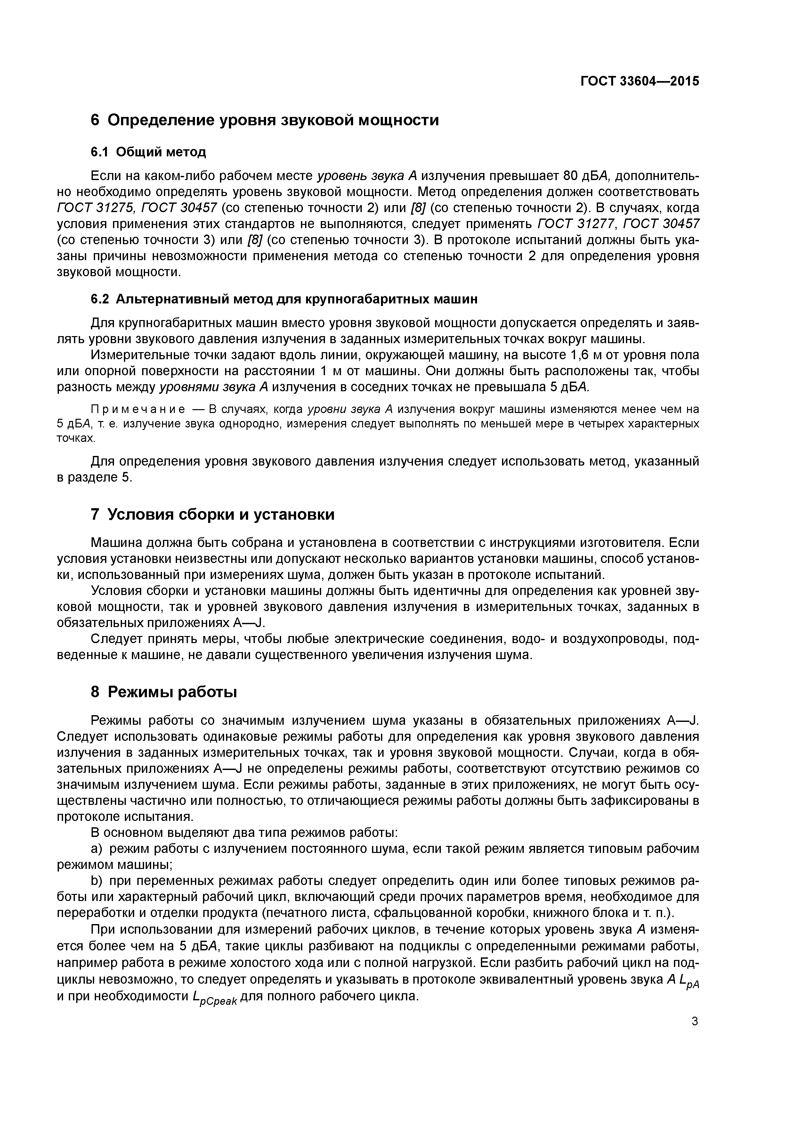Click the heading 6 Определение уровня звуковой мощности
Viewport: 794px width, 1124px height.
[x=265, y=120]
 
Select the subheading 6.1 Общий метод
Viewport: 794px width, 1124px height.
[x=148, y=152]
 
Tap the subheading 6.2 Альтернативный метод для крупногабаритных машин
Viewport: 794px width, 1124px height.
[x=284, y=299]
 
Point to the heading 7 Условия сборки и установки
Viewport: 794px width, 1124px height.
[x=213, y=515]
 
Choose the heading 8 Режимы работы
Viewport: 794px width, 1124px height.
[x=164, y=692]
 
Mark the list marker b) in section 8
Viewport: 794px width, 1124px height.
[x=96, y=881]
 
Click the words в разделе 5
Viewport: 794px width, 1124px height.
[x=94, y=478]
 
